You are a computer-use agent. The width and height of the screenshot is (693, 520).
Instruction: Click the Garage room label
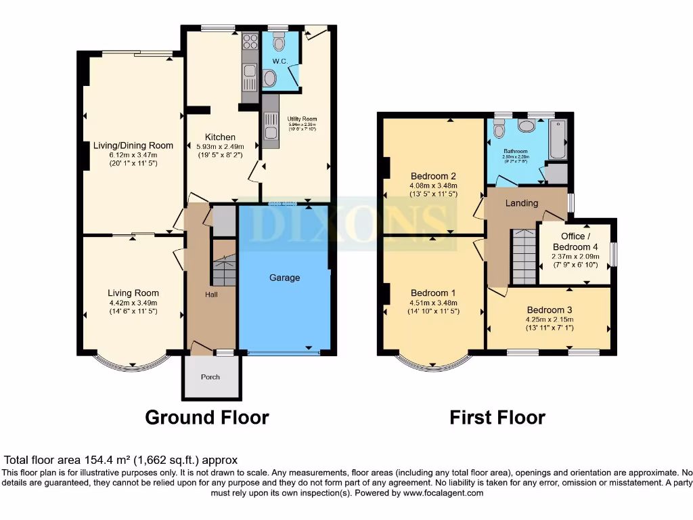pyautogui.click(x=284, y=278)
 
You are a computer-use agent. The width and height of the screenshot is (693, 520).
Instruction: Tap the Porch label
pyautogui.click(x=210, y=377)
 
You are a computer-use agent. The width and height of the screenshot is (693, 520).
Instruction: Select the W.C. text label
pyautogui.click(x=281, y=62)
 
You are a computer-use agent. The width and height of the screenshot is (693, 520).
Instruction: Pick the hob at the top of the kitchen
pyautogui.click(x=250, y=42)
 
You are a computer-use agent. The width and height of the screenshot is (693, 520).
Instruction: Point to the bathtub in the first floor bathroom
pyautogui.click(x=558, y=139)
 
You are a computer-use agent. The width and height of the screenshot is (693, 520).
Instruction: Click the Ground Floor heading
pyautogui.click(x=206, y=418)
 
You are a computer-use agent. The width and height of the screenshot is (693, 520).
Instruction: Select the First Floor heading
pyautogui.click(x=497, y=418)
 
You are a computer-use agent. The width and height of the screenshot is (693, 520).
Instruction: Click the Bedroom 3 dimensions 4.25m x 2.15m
pyautogui.click(x=549, y=320)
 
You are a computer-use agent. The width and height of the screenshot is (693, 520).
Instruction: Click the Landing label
pyautogui.click(x=522, y=203)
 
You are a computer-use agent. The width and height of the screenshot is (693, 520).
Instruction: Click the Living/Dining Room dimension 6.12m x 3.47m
pyautogui.click(x=133, y=155)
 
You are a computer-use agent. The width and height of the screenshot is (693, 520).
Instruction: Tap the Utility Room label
pyautogui.click(x=303, y=119)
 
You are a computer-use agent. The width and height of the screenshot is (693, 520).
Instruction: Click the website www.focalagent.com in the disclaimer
pyautogui.click(x=443, y=494)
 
